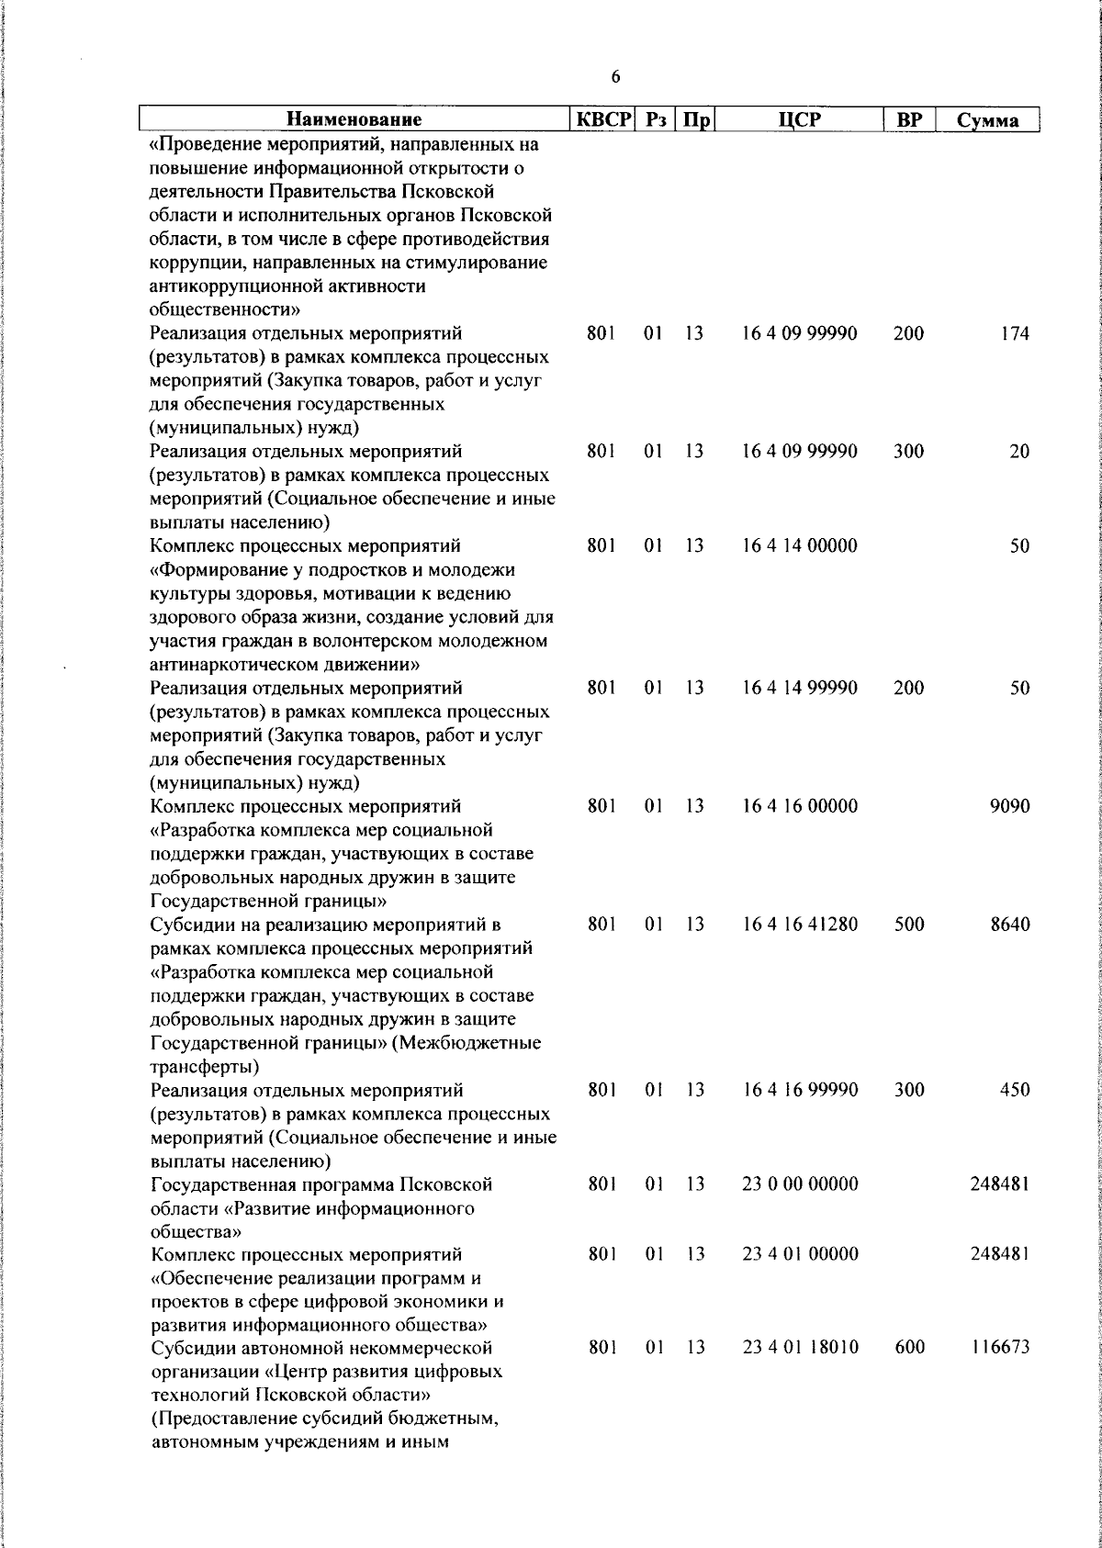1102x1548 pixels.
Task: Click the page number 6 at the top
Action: (615, 77)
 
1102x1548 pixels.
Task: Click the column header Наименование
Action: (354, 120)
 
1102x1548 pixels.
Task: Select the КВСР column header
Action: (603, 120)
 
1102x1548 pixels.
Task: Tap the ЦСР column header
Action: (799, 120)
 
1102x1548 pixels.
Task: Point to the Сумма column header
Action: (987, 121)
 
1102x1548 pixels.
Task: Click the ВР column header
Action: (908, 120)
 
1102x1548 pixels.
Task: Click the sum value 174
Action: (1015, 334)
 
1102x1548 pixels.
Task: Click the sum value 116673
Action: (1000, 1348)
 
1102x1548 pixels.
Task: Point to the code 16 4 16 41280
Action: (799, 925)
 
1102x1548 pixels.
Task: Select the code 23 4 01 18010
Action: (799, 1348)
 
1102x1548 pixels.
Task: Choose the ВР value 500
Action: (908, 925)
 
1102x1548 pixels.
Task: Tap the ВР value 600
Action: (908, 1348)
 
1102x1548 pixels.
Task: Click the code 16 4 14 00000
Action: (799, 546)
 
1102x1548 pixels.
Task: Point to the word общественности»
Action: (224, 309)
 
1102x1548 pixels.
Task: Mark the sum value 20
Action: (1019, 452)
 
